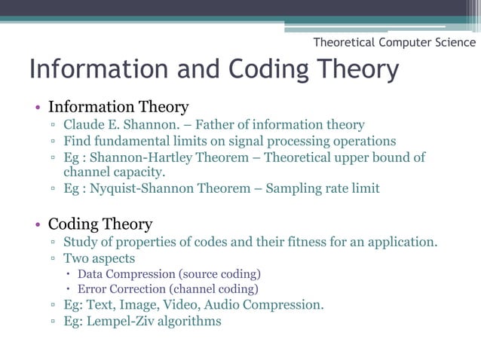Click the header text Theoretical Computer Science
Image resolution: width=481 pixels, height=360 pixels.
tap(394, 43)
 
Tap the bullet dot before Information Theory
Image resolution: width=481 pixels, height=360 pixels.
tap(35, 107)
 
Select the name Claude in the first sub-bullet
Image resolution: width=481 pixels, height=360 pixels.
tap(84, 125)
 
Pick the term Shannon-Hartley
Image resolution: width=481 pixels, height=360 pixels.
tap(141, 157)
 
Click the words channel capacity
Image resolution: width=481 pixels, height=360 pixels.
tap(113, 172)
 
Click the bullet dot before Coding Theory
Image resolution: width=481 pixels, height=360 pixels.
tap(35, 224)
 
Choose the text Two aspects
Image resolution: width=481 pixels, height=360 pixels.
tap(99, 258)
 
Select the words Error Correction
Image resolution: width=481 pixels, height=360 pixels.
tap(121, 289)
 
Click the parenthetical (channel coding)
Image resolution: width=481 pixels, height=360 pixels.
tap(213, 289)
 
